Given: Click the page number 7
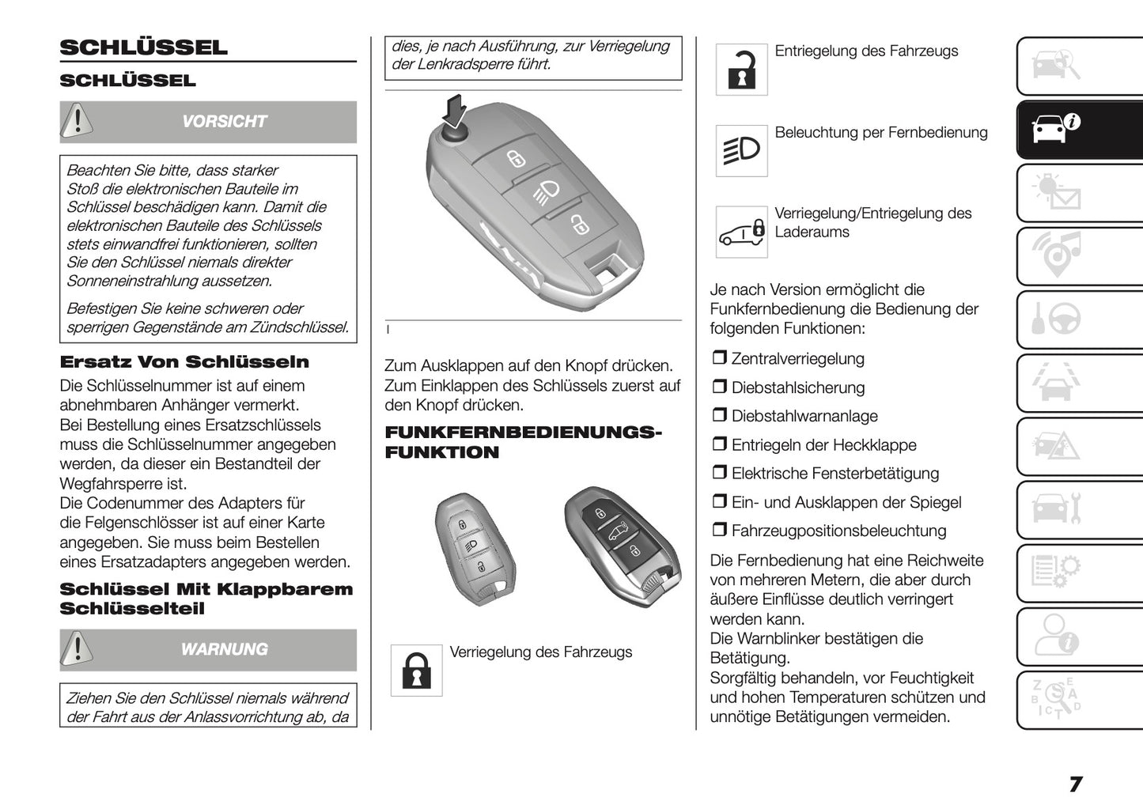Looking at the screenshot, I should point(1075,784).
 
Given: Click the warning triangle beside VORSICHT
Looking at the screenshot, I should point(77,121).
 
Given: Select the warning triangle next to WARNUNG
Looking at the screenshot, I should point(77,649).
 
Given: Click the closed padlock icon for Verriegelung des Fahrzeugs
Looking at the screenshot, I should point(416,671).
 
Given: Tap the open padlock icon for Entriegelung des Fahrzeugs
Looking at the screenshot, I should point(741,70).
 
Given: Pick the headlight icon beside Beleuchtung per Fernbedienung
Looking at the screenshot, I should point(741,150).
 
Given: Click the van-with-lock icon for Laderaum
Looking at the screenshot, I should point(741,232).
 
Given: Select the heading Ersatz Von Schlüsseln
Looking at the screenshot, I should point(184,362).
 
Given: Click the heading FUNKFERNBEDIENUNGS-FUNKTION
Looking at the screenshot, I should point(522,442).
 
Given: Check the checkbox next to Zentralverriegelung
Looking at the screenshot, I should point(719,358).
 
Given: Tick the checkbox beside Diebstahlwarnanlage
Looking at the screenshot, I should point(719,416).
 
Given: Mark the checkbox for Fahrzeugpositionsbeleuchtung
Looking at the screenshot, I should point(719,531).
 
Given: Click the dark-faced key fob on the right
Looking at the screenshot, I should point(622,546).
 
